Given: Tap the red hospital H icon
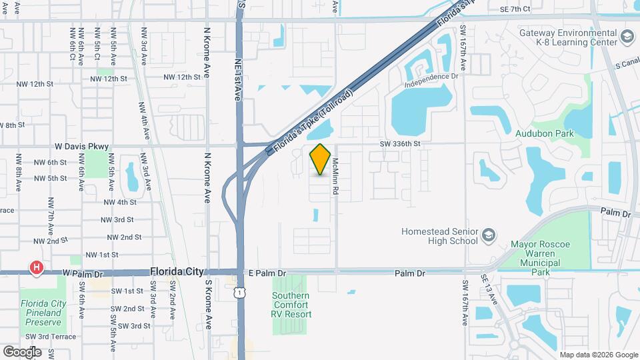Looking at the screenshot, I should pos(37,268).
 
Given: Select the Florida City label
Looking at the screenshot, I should pos(177,272).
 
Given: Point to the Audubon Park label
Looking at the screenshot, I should pos(545,133).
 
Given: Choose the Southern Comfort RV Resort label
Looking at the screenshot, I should pos(291,305).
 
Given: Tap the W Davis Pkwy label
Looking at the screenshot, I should pos(81,146).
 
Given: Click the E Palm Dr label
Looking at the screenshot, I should pos(267,273).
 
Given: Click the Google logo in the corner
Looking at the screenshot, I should pos(22,351).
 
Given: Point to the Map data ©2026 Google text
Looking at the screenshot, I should pos(598,355).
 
